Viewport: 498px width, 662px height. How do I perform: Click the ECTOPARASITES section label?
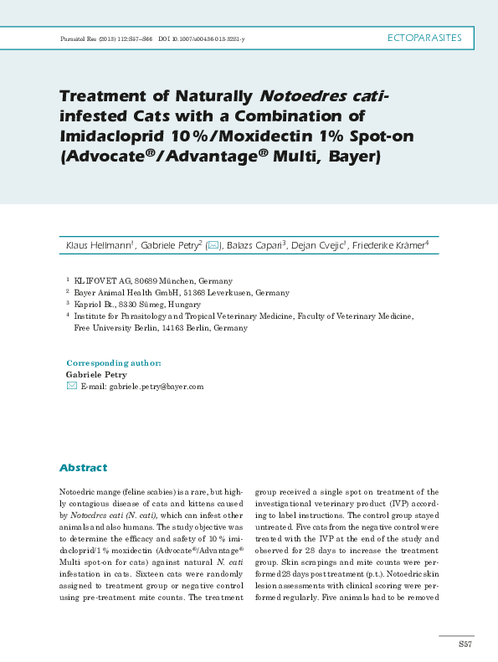pyautogui.click(x=426, y=38)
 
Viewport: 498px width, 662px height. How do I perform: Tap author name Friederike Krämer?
pyautogui.click(x=388, y=245)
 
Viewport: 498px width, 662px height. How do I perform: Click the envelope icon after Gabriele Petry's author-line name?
pyautogui.click(x=213, y=245)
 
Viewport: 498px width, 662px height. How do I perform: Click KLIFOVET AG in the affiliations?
pyautogui.click(x=100, y=281)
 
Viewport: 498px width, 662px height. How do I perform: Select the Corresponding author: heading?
pyautogui.click(x=113, y=363)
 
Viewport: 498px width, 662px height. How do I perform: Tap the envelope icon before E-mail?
pyautogui.click(x=71, y=387)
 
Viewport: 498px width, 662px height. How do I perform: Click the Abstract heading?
pyautogui.click(x=83, y=468)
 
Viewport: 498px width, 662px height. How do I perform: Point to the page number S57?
pyautogui.click(x=465, y=643)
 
